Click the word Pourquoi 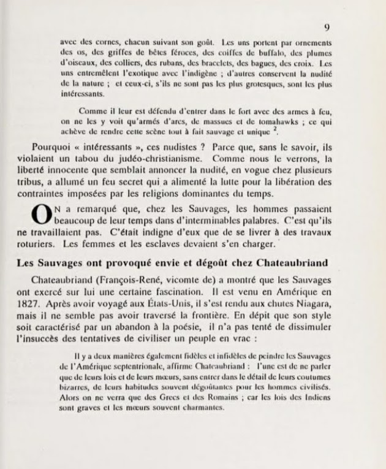pos(51,147)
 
